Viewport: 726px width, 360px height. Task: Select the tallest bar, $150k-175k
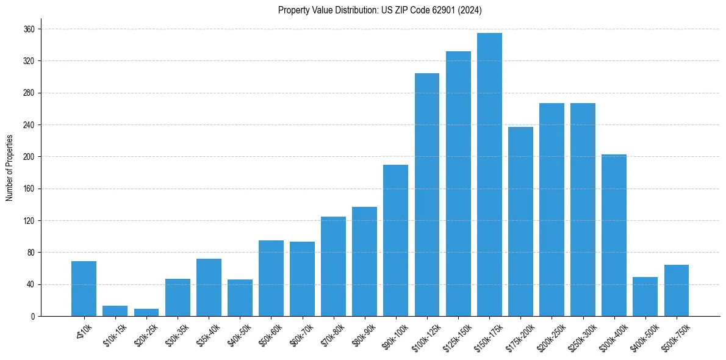pos(489,175)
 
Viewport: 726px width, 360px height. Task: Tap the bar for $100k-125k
pos(427,195)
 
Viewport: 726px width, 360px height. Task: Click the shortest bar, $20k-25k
pos(146,312)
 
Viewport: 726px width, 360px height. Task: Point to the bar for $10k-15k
pos(115,311)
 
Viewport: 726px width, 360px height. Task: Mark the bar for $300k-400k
pos(614,236)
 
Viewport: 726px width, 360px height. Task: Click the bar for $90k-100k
pos(396,240)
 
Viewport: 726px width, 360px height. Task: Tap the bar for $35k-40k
pos(209,287)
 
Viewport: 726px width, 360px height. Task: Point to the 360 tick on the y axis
pos(29,29)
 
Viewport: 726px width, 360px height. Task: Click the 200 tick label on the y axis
pos(29,157)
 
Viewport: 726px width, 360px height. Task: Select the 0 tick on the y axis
pos(32,316)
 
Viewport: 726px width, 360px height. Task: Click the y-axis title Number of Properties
pos(9,168)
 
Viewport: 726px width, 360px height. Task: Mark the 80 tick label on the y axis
pos(31,253)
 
